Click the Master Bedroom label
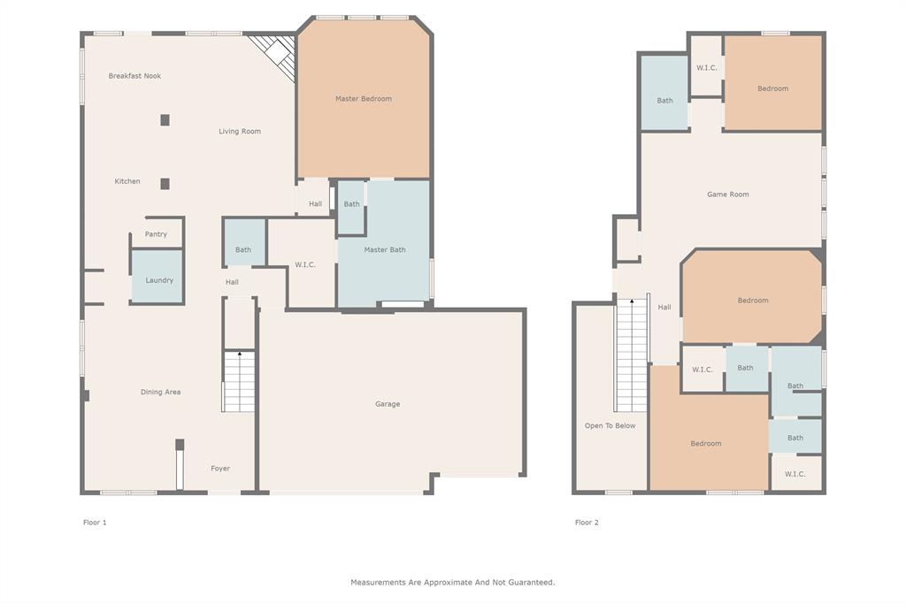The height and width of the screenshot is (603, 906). pos(363,99)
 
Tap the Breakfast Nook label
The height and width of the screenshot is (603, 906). pos(134,76)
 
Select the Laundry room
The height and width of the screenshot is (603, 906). pos(158,279)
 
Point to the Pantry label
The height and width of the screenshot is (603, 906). pos(156,234)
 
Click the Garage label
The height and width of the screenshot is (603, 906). pos(388,404)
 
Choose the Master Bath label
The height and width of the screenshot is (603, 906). pos(385,250)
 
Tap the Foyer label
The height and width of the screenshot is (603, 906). pos(220,469)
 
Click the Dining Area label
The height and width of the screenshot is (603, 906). pos(160,392)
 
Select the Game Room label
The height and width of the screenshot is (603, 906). pos(727,195)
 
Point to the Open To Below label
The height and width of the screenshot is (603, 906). pos(610,426)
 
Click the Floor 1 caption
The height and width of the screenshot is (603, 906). pos(95,523)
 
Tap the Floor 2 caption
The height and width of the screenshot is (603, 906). pos(587,523)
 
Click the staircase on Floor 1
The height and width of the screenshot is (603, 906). pos(239,382)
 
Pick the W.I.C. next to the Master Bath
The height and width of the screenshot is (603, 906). pos(304,264)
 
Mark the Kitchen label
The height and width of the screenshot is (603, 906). pos(127,181)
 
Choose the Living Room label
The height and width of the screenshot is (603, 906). pos(240,132)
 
